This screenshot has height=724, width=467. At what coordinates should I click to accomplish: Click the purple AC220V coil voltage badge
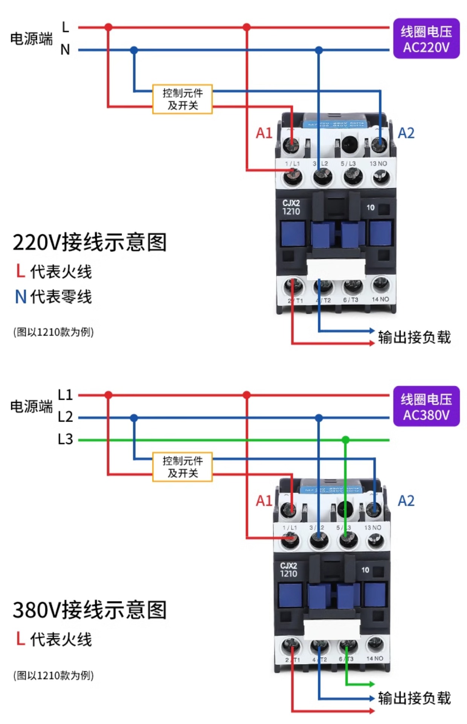426,38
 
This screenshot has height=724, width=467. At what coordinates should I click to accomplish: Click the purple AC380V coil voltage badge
426,406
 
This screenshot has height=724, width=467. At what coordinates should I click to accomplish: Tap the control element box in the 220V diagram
182,99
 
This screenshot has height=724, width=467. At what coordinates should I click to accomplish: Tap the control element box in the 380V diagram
182,466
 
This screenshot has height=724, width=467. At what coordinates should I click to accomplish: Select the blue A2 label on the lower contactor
406,500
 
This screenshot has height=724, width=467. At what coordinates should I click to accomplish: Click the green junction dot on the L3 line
345,439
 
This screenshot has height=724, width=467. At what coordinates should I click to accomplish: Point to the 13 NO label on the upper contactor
378,163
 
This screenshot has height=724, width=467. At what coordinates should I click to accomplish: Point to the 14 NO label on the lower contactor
375,658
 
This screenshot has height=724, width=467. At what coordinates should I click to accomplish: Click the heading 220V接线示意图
90,242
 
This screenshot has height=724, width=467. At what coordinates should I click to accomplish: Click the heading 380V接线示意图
90,609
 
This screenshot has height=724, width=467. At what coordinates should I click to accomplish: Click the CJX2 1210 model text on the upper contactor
291,207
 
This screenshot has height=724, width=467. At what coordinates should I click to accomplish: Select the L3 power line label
65,439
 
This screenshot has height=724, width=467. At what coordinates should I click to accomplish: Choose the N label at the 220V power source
65,49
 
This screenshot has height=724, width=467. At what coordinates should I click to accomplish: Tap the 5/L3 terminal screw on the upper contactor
352,176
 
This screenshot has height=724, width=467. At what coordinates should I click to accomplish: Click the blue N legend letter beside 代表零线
21,296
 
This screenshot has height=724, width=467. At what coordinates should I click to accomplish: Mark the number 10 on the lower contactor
365,570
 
